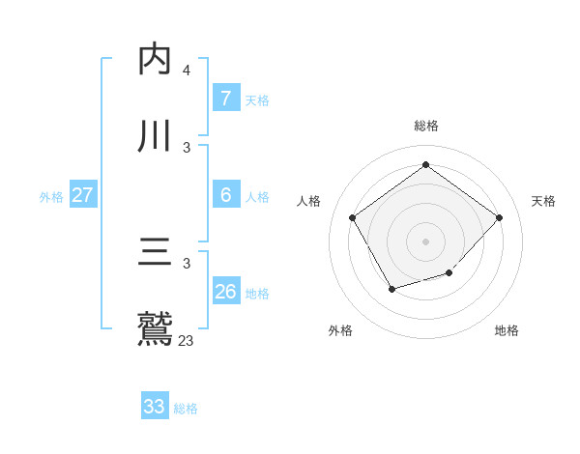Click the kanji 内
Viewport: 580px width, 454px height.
[x=156, y=59]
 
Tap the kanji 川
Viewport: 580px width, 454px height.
[x=156, y=135]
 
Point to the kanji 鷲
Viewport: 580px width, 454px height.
[x=156, y=328]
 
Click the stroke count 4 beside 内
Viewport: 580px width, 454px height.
[x=187, y=71]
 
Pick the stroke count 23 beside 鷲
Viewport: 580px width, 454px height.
[x=187, y=340]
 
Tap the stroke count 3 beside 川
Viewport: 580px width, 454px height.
[x=187, y=147]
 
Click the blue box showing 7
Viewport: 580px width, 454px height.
[x=225, y=98]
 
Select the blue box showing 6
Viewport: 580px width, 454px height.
[x=225, y=194]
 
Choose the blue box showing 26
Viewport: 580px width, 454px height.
[x=225, y=291]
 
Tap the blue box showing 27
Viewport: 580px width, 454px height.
[x=82, y=194]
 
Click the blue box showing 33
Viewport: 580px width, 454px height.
[x=155, y=407]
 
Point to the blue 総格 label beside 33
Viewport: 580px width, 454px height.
[x=186, y=409]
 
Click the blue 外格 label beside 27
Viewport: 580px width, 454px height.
[x=51, y=197]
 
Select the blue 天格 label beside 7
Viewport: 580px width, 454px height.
[x=257, y=100]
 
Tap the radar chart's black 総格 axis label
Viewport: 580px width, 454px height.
[x=425, y=126]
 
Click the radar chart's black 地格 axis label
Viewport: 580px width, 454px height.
[x=507, y=330]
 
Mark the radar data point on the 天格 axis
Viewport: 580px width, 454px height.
[x=499, y=217]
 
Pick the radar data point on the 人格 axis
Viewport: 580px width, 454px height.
[x=353, y=216]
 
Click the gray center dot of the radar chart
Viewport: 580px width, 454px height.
[x=425, y=241]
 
